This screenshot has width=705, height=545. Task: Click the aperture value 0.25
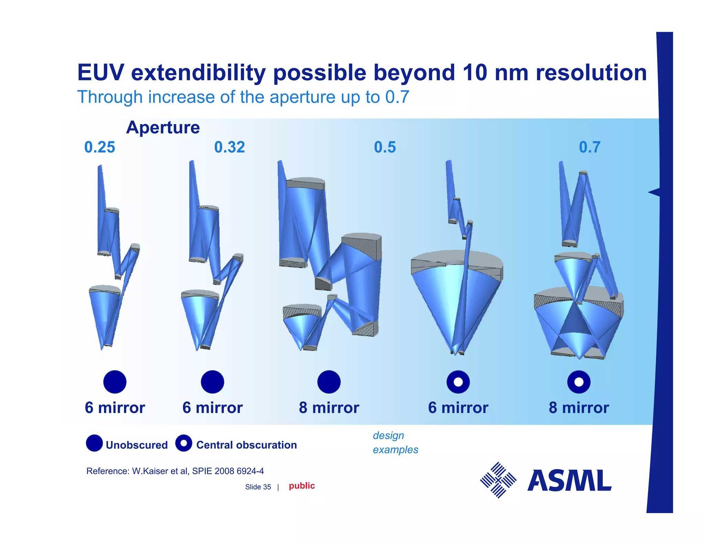(x=99, y=147)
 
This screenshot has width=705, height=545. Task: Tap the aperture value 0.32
(x=229, y=147)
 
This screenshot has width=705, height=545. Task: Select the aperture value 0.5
(x=385, y=147)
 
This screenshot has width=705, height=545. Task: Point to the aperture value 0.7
(x=589, y=147)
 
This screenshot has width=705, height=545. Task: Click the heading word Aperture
(x=163, y=128)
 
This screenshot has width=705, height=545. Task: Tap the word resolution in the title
(x=591, y=73)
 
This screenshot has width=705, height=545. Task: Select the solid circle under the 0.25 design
(x=115, y=382)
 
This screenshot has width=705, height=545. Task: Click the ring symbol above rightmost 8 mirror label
(x=579, y=382)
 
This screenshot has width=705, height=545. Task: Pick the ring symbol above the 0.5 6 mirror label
(x=458, y=382)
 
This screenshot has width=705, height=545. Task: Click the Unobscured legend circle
(x=94, y=443)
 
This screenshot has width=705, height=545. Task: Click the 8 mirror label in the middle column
(x=329, y=408)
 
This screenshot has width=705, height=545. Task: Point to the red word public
(x=302, y=486)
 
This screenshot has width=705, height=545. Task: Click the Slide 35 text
(x=258, y=487)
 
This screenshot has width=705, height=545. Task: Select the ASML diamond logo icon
(x=498, y=480)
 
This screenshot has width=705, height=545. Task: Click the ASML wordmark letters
(x=569, y=481)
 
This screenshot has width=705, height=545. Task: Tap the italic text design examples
(x=395, y=442)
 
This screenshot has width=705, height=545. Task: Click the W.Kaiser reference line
(x=175, y=471)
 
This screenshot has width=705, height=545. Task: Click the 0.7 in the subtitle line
(x=397, y=97)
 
